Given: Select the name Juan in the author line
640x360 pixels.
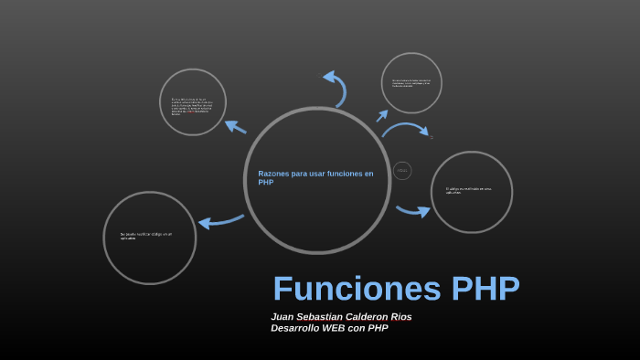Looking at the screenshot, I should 283,317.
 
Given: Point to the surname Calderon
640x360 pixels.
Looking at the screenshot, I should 376,317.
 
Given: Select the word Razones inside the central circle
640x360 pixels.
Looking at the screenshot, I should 275,174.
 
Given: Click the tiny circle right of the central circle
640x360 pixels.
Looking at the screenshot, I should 402,171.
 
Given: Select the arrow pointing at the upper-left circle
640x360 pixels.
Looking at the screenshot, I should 235,127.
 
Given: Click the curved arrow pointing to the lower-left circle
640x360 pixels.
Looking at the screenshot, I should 220,221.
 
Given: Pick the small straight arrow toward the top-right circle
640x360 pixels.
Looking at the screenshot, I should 382,116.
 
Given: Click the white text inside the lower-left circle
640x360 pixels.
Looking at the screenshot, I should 145,236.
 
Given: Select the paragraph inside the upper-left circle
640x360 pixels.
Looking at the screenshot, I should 192,105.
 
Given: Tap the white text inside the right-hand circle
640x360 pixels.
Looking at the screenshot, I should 468,191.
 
